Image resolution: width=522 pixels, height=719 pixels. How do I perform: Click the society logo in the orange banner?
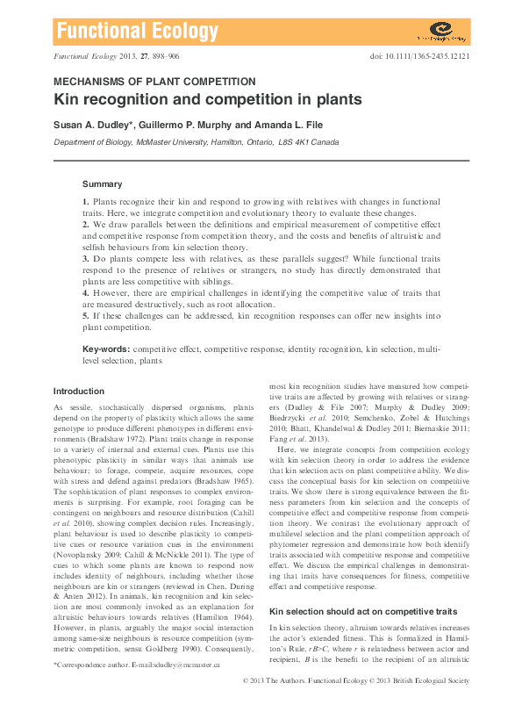tap(441, 33)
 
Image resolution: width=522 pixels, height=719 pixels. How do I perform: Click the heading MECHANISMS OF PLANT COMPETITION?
tap(155, 81)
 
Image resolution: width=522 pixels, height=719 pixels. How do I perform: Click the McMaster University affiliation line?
tap(196, 141)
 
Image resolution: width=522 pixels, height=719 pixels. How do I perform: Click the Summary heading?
tap(102, 184)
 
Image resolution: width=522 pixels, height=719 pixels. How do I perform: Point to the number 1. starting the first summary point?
tap(86, 202)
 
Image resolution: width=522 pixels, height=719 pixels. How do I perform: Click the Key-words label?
tap(106, 349)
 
